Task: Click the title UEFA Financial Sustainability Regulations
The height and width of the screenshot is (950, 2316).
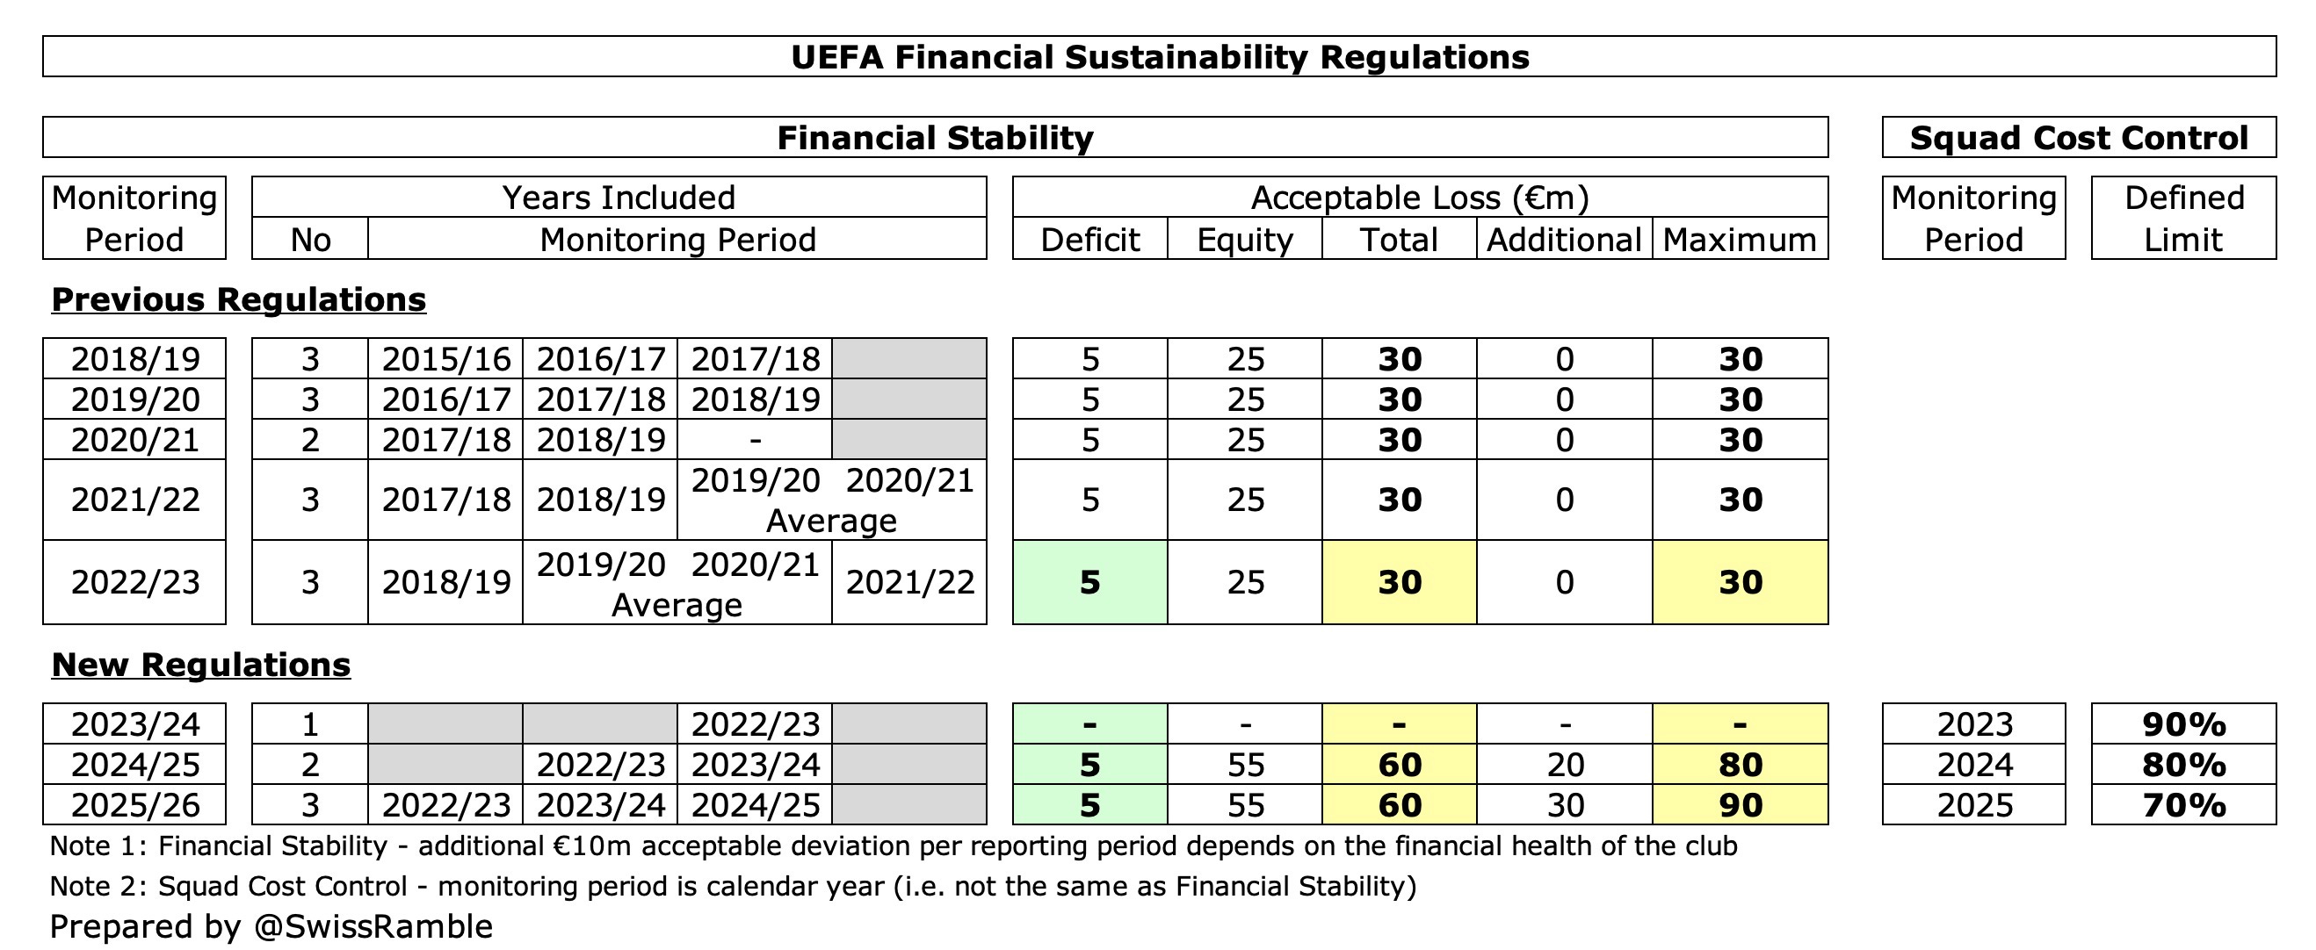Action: coord(1159,56)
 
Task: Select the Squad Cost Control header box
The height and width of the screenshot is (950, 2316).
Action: coord(2078,138)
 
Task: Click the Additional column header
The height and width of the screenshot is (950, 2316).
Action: coord(1564,240)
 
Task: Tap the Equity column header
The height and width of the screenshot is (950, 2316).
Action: coord(1244,240)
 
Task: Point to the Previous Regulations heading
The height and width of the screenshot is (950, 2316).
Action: coord(238,299)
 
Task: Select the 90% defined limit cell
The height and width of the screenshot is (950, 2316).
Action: coord(2183,724)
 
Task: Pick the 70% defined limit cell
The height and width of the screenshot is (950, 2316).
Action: coord(2183,805)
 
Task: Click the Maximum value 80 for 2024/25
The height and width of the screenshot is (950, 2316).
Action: coord(1740,765)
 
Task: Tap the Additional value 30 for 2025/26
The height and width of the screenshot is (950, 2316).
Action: coord(1565,805)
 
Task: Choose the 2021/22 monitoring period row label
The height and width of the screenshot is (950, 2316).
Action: coord(134,500)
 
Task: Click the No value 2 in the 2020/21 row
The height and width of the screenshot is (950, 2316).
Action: coord(310,441)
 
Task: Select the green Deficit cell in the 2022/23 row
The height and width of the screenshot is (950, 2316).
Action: coord(1089,582)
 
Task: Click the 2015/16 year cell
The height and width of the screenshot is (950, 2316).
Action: coord(446,359)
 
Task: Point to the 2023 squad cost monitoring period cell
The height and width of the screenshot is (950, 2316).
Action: coord(1973,724)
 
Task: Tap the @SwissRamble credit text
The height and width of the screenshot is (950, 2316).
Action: coord(373,926)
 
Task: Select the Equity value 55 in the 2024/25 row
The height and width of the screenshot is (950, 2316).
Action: coord(1245,765)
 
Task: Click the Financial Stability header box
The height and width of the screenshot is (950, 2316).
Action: coord(935,138)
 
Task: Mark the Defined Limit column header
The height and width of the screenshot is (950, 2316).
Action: coord(2183,219)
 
